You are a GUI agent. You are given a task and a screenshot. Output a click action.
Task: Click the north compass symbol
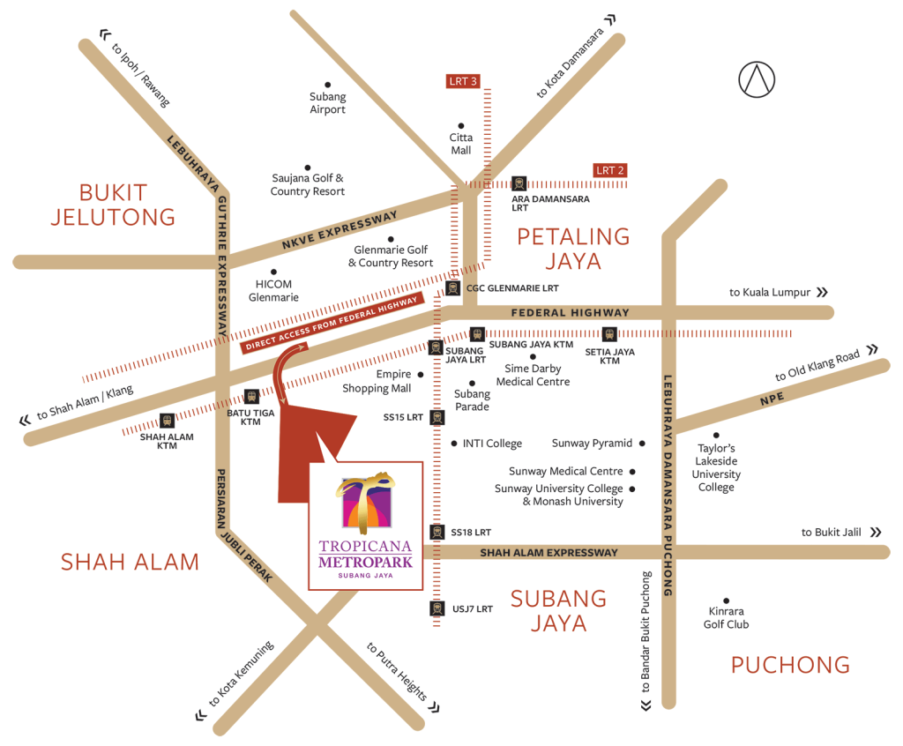pyautogui.click(x=757, y=78)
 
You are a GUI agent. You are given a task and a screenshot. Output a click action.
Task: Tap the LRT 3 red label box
pyautogui.click(x=463, y=81)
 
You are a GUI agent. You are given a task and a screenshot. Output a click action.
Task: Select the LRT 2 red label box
pyautogui.click(x=610, y=170)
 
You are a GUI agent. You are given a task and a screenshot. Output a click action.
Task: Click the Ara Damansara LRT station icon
pyautogui.click(x=519, y=183)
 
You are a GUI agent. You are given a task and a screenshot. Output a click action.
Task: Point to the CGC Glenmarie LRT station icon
pyautogui.click(x=452, y=287)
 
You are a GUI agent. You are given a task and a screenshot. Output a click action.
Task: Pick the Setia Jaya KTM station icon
pyautogui.click(x=608, y=334)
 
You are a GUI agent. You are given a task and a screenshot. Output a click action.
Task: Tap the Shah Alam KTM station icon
pyautogui.click(x=167, y=421)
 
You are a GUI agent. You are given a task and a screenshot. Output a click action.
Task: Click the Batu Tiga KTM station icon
pyautogui.click(x=251, y=397)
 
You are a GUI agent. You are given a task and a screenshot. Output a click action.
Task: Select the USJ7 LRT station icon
pyautogui.click(x=436, y=608)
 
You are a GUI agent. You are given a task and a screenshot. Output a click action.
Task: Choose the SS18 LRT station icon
pyautogui.click(x=436, y=532)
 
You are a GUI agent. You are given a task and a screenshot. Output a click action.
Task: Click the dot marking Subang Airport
pyautogui.click(x=328, y=85)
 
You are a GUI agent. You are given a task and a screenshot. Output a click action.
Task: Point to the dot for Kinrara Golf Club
pyautogui.click(x=727, y=601)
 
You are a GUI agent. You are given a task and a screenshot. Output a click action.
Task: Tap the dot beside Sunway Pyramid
pyautogui.click(x=642, y=444)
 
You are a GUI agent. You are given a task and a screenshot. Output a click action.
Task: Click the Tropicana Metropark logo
pyautogui.click(x=365, y=528)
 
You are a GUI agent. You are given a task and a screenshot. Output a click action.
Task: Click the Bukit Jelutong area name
pyautogui.click(x=113, y=205)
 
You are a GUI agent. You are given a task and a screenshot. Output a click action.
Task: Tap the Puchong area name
pyautogui.click(x=790, y=665)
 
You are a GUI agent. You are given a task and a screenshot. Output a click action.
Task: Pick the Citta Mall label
pyautogui.click(x=460, y=144)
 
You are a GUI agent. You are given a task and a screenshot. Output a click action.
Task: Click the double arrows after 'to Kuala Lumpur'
pyautogui.click(x=822, y=292)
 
